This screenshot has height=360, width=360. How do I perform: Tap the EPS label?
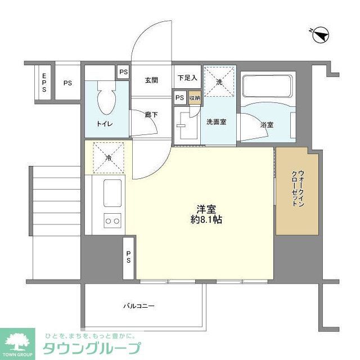click(x=44, y=83)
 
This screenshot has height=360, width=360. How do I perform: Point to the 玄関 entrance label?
click(x=151, y=80)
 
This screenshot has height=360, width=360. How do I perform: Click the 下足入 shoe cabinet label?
click(x=187, y=78)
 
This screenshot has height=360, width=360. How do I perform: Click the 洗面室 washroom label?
click(x=215, y=121)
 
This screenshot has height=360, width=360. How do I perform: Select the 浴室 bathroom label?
click(x=267, y=124)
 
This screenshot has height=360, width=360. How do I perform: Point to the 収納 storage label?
click(x=194, y=98)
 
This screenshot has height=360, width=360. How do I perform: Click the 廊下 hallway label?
click(x=150, y=115)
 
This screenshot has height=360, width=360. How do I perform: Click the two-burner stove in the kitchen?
click(x=112, y=221)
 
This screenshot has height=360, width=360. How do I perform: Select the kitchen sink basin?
click(x=112, y=192)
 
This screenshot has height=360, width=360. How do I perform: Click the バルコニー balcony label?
click(x=138, y=306)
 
